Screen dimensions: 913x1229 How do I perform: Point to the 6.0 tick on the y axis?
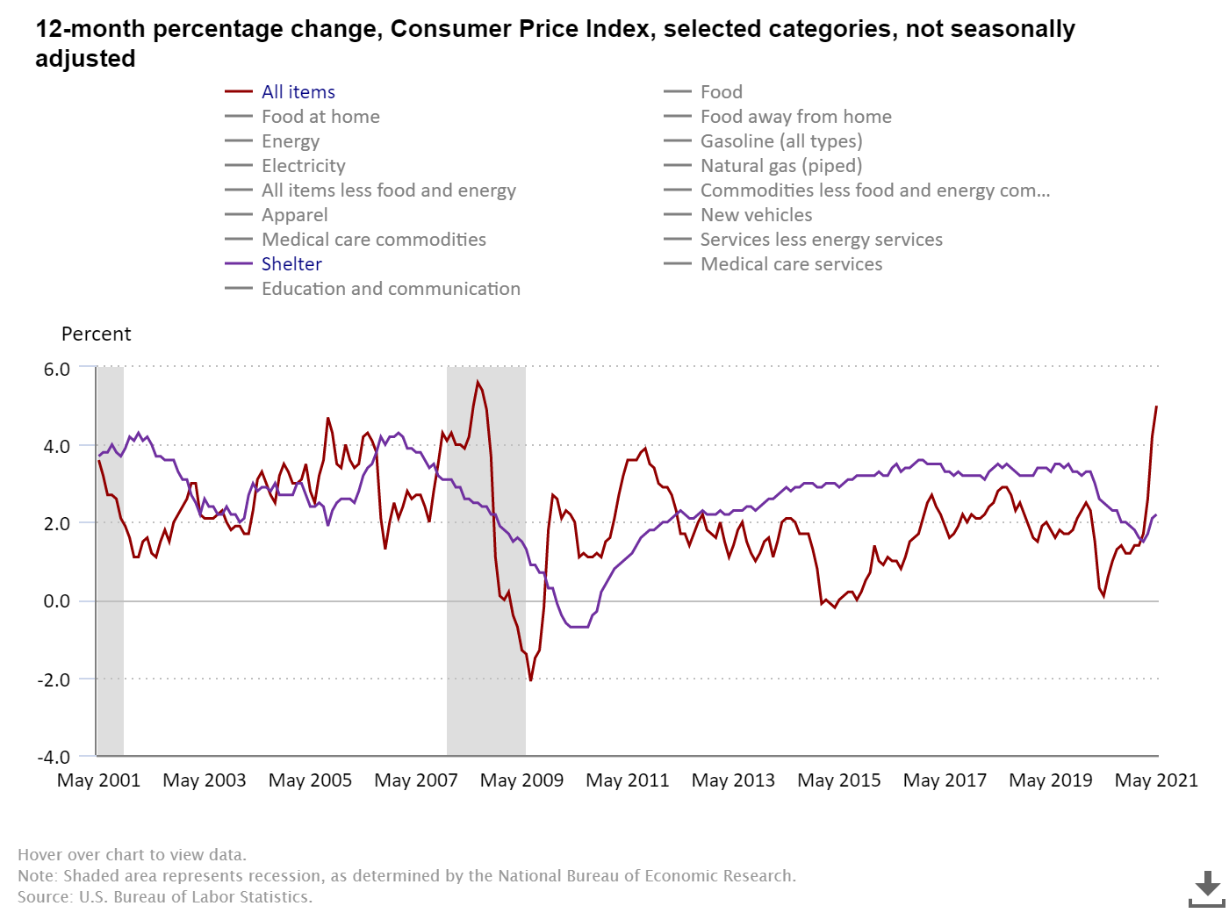57,370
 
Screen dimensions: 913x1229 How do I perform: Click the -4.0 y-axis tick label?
54,757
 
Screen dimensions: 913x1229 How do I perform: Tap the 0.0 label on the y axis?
57,601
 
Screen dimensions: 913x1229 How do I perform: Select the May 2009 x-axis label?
521,780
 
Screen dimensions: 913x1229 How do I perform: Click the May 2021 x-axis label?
1156,780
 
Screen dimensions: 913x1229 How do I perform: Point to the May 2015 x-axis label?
838,780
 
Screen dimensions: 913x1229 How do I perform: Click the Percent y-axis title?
96,334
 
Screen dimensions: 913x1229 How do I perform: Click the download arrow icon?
1207,888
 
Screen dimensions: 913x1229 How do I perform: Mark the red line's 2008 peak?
478,382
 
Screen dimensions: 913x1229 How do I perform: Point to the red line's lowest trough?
530,679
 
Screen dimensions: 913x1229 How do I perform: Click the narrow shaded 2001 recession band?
110,562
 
